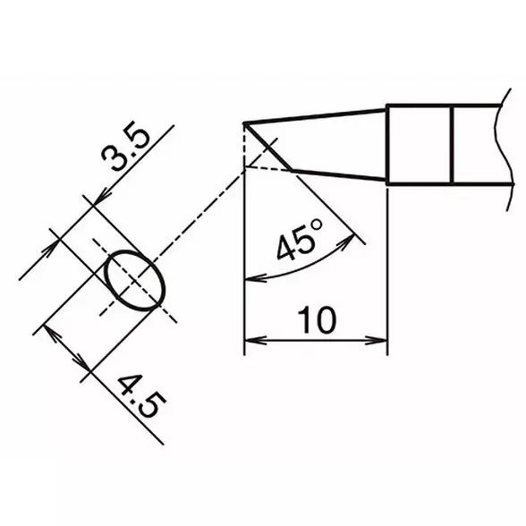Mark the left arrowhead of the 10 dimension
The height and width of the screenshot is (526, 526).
pos(251,340)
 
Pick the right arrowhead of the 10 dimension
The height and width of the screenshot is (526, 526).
pos(381,340)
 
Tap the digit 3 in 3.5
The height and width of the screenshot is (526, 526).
pos(115,160)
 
